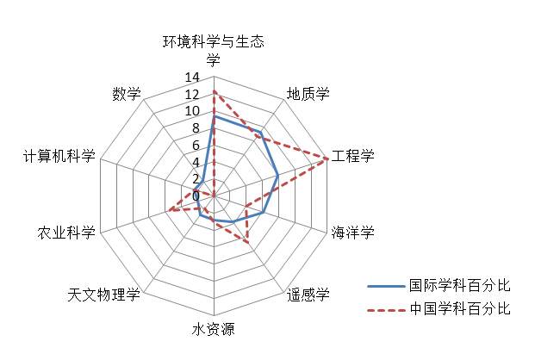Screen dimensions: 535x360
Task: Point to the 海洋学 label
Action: pyautogui.click(x=354, y=233)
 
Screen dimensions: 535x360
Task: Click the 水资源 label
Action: pyautogui.click(x=213, y=330)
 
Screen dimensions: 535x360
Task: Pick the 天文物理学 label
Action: pyautogui.click(x=103, y=295)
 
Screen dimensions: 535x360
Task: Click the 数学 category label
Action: pyautogui.click(x=126, y=94)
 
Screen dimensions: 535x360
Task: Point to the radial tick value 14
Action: pyautogui.click(x=192, y=78)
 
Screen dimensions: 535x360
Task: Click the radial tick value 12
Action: pyautogui.click(x=192, y=94)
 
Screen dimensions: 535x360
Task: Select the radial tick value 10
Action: pyautogui.click(x=192, y=111)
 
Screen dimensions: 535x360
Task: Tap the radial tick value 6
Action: pyautogui.click(x=196, y=145)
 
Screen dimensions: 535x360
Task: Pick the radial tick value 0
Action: pyautogui.click(x=196, y=196)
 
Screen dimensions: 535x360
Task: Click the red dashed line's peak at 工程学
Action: pyautogui.click(x=327, y=158)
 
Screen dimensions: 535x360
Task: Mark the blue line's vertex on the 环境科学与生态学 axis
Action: pyautogui.click(x=214, y=116)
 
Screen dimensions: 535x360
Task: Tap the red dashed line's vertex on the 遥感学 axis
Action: pyautogui.click(x=249, y=244)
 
